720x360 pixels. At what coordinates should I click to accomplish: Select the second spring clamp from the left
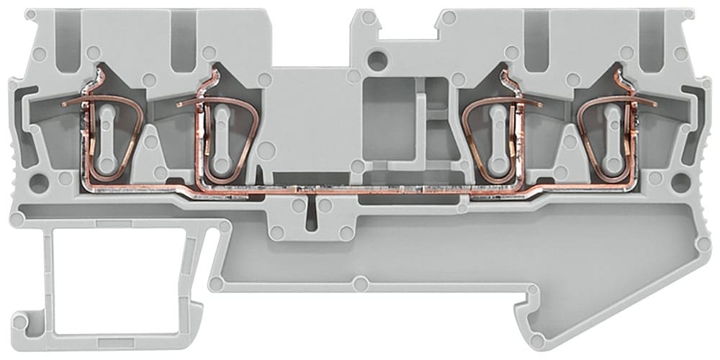220,137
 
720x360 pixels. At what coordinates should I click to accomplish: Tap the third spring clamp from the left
497,137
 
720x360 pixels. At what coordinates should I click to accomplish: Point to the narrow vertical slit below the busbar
311,212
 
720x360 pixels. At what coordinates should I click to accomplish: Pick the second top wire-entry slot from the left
183,40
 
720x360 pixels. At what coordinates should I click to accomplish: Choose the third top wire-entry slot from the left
536,40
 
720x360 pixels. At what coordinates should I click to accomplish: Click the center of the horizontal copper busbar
360,191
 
